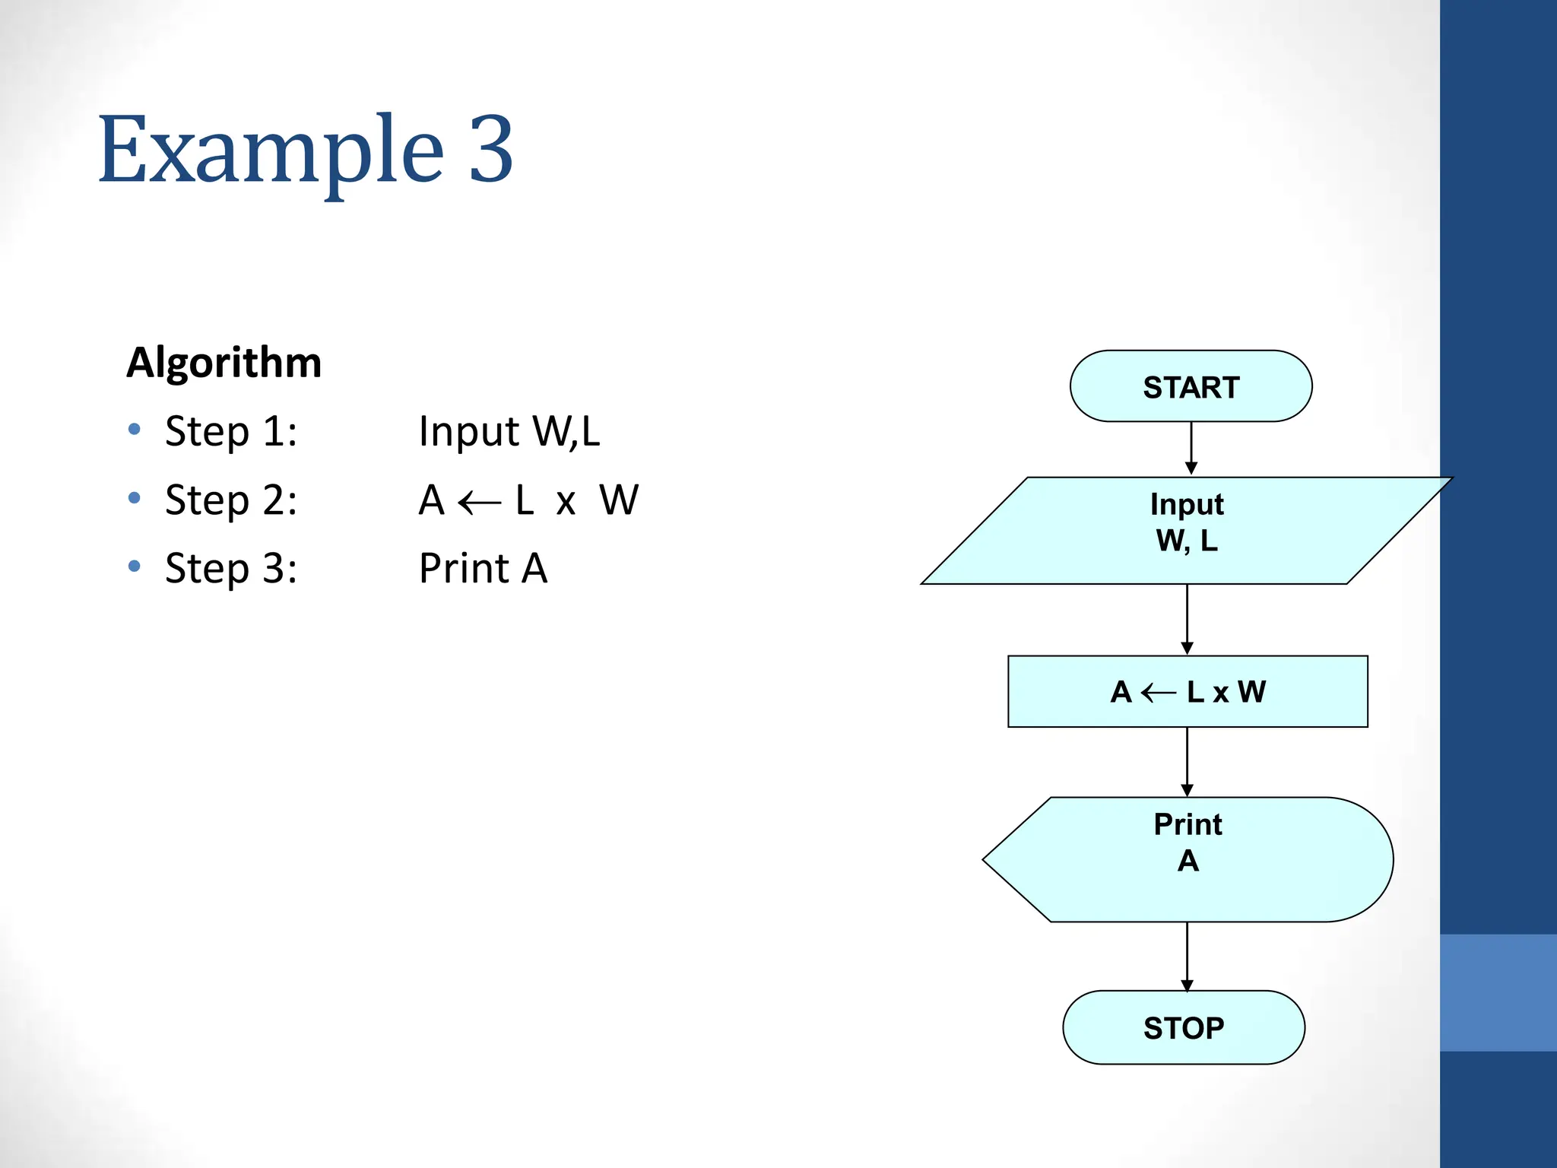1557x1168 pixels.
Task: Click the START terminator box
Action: (1191, 386)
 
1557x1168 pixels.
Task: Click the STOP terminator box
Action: (1184, 1027)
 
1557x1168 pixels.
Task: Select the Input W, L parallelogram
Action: (1187, 530)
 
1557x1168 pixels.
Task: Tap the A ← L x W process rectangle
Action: (1188, 691)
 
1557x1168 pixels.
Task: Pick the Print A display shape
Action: (1188, 859)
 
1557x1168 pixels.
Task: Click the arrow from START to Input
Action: (1191, 449)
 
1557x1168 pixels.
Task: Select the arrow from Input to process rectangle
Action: (1187, 619)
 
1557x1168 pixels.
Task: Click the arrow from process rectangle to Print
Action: (1187, 762)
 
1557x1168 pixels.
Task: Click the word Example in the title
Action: (271, 150)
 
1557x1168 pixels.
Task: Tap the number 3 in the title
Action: (491, 150)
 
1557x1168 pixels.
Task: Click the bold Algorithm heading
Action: (224, 362)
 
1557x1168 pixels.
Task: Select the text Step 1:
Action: (231, 431)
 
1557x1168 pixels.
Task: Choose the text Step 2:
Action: (231, 500)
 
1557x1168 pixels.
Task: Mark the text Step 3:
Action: (231, 568)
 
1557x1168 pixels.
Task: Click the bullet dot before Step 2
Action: (135, 499)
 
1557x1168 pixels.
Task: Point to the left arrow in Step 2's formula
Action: (480, 503)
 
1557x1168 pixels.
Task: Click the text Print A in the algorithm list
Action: (484, 568)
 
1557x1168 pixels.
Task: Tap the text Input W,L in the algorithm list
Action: (509, 431)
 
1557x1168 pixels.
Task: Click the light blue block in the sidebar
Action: (1498, 992)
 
